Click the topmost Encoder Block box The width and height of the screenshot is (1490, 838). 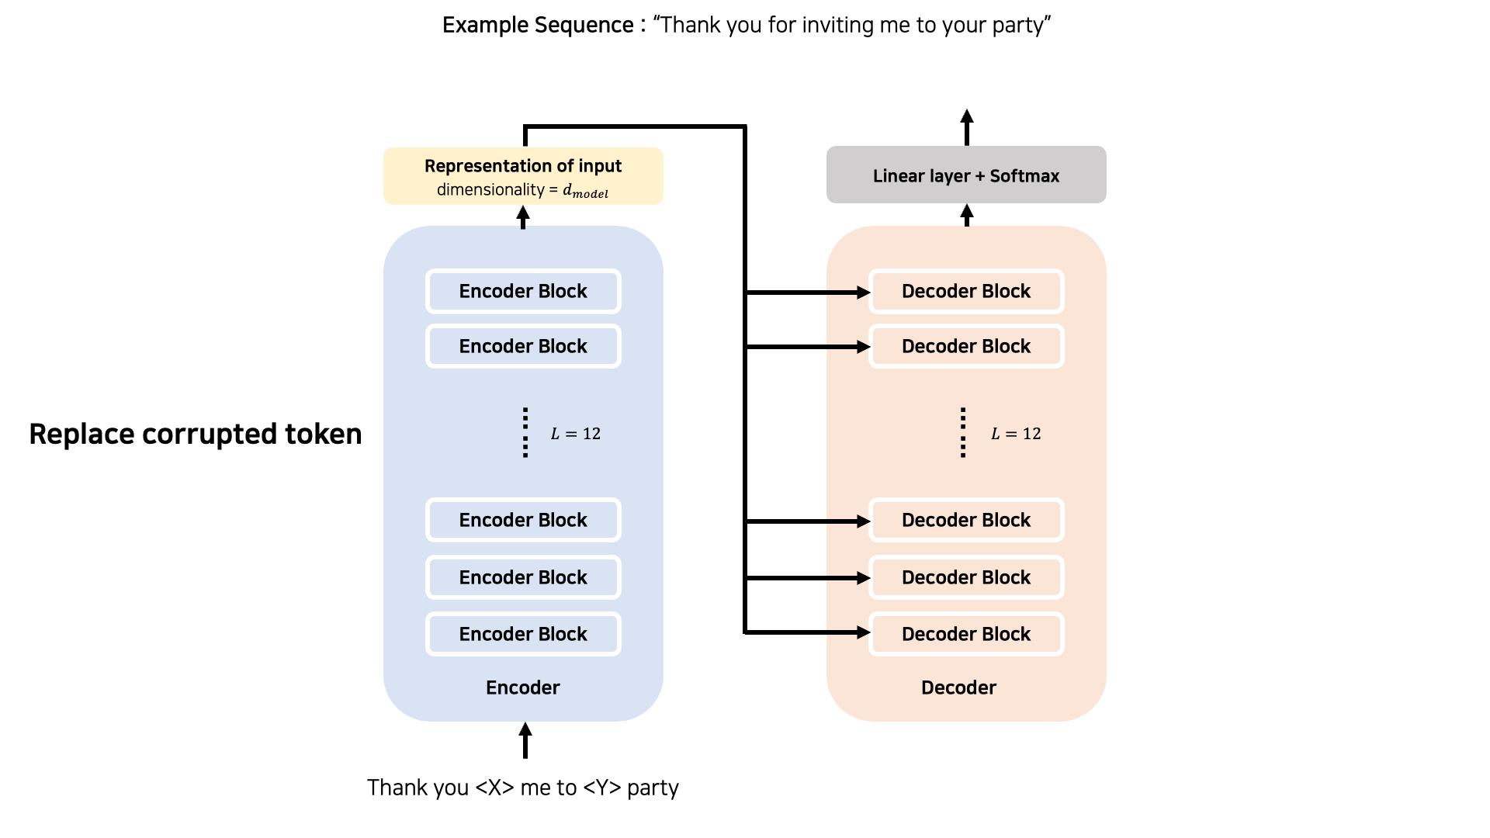coord(523,291)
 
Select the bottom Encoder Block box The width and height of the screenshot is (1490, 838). coord(523,634)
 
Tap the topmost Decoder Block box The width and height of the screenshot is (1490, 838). coord(966,291)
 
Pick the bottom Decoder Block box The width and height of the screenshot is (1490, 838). coord(966,634)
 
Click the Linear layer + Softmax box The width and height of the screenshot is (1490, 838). coord(966,175)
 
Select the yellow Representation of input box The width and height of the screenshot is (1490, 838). coord(523,176)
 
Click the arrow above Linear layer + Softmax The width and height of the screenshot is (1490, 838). coord(967,127)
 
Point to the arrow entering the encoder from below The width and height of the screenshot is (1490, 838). coord(525,740)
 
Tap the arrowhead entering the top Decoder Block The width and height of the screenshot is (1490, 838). coord(863,293)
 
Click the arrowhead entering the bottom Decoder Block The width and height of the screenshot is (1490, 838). coord(863,632)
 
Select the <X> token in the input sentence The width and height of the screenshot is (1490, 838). coord(494,788)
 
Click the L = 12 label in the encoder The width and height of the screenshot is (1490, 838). coord(576,434)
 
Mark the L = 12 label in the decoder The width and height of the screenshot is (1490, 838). coord(1016,434)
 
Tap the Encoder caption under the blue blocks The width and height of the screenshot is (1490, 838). coord(523,687)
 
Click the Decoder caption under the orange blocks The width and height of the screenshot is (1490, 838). coord(958,687)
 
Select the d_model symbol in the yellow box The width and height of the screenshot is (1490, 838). coord(586,191)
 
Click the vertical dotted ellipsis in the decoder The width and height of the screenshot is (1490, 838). coord(963,432)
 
